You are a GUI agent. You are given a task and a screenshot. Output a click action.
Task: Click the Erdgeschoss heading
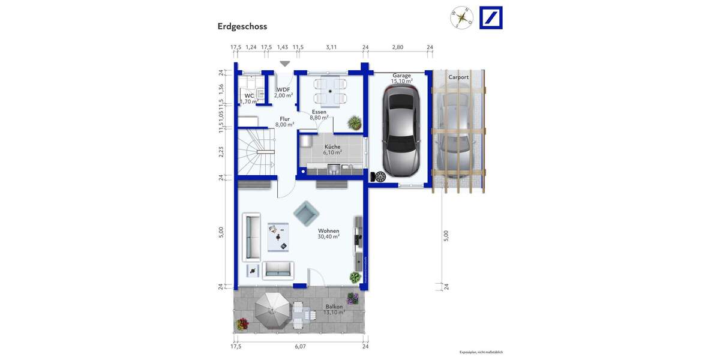242,26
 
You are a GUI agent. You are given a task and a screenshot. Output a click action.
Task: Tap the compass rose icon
461,17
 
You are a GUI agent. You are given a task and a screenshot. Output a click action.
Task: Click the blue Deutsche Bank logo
491,17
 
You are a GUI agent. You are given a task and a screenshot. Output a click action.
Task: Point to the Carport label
458,77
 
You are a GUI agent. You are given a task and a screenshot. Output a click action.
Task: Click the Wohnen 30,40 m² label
328,233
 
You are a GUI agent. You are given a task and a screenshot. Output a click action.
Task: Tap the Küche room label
332,149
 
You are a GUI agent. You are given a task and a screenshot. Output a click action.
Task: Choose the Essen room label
319,115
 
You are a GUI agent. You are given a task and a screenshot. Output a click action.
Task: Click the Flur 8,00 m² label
284,122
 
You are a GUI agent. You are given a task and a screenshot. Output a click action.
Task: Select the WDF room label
283,92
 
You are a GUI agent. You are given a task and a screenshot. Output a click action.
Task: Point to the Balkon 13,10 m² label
334,309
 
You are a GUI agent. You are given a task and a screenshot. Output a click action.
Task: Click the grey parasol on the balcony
273,310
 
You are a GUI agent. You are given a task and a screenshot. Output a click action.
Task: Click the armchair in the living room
307,211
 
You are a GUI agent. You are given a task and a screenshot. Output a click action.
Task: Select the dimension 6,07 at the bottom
300,346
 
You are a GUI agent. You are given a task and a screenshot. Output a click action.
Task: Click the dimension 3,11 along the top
331,47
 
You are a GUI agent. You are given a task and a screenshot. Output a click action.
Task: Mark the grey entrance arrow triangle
284,64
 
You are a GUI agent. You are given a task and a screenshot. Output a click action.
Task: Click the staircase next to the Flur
256,153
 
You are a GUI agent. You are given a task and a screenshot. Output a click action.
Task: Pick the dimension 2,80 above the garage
397,47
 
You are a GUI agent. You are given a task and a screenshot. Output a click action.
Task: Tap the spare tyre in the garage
379,176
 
